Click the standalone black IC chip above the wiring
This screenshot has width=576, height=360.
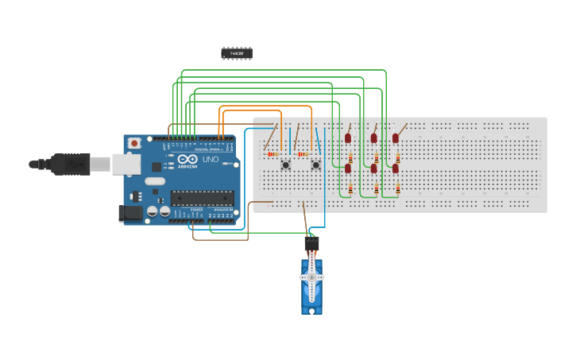(237, 53)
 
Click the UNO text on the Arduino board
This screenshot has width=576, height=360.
(211, 159)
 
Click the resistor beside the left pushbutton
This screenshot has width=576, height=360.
(273, 154)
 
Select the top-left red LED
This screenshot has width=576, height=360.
(348, 138)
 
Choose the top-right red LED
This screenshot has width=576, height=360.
(396, 138)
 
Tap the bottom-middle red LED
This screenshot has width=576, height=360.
(373, 168)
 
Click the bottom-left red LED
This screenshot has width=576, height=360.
(348, 168)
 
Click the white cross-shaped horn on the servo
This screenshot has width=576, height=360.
(311, 277)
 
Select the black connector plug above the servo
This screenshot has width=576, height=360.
(311, 243)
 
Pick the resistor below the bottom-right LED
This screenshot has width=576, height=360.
(398, 189)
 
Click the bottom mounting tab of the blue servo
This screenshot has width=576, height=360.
(311, 310)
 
